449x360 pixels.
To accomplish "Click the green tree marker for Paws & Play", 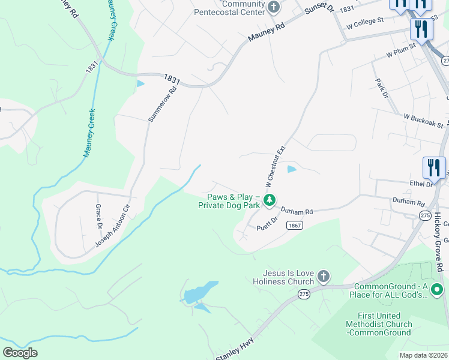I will [270, 200].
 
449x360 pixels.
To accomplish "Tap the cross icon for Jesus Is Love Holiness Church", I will [324, 276].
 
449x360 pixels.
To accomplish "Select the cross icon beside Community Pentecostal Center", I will [274, 8].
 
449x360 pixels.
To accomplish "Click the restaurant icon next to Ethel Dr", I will [434, 167].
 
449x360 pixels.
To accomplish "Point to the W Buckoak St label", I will [423, 121].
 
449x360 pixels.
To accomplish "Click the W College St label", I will [364, 23].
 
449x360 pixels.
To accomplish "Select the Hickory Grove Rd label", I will [439, 241].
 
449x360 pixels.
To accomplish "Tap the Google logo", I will [20, 353].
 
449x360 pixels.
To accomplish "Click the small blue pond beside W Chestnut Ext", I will [292, 169].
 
